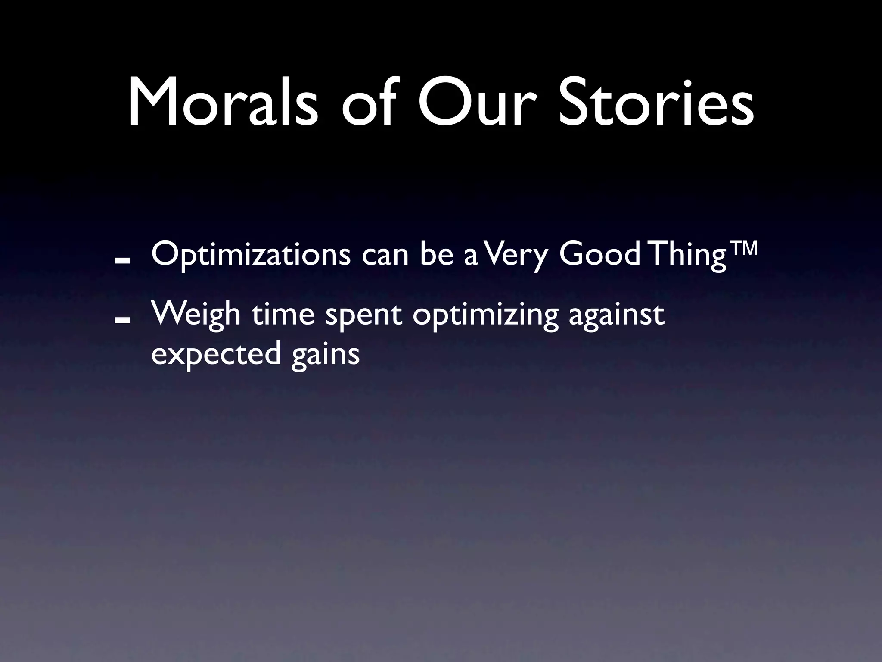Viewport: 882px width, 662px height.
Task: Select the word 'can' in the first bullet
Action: [385, 255]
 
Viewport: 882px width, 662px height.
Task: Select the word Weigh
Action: [196, 315]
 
